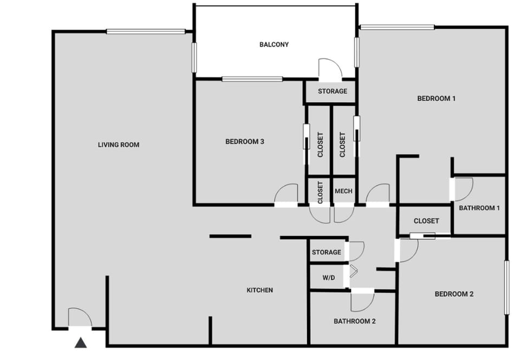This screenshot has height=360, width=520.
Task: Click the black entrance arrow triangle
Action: point(81,342)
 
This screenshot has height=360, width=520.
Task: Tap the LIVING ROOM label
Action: point(119,145)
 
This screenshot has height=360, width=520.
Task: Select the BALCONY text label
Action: point(274,44)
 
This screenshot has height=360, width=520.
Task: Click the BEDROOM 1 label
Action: point(436,99)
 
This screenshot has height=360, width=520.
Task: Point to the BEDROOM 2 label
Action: point(454,294)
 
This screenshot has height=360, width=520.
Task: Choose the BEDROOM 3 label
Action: point(245,142)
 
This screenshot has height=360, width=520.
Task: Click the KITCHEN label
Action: point(260,290)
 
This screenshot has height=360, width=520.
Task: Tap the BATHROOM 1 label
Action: point(479,208)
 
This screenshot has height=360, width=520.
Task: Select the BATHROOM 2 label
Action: point(355,321)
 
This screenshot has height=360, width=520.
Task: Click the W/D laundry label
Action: point(329,278)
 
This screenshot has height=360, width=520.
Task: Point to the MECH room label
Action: point(343,191)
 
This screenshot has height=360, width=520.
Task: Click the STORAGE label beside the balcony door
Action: point(333,91)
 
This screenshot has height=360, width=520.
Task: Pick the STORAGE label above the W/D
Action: point(327,252)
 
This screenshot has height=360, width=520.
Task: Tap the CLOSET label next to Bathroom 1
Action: point(426,221)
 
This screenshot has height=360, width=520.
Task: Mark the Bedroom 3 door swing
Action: point(287,194)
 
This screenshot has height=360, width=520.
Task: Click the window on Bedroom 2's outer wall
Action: point(507,287)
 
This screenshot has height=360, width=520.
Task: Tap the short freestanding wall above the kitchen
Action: point(230,236)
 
